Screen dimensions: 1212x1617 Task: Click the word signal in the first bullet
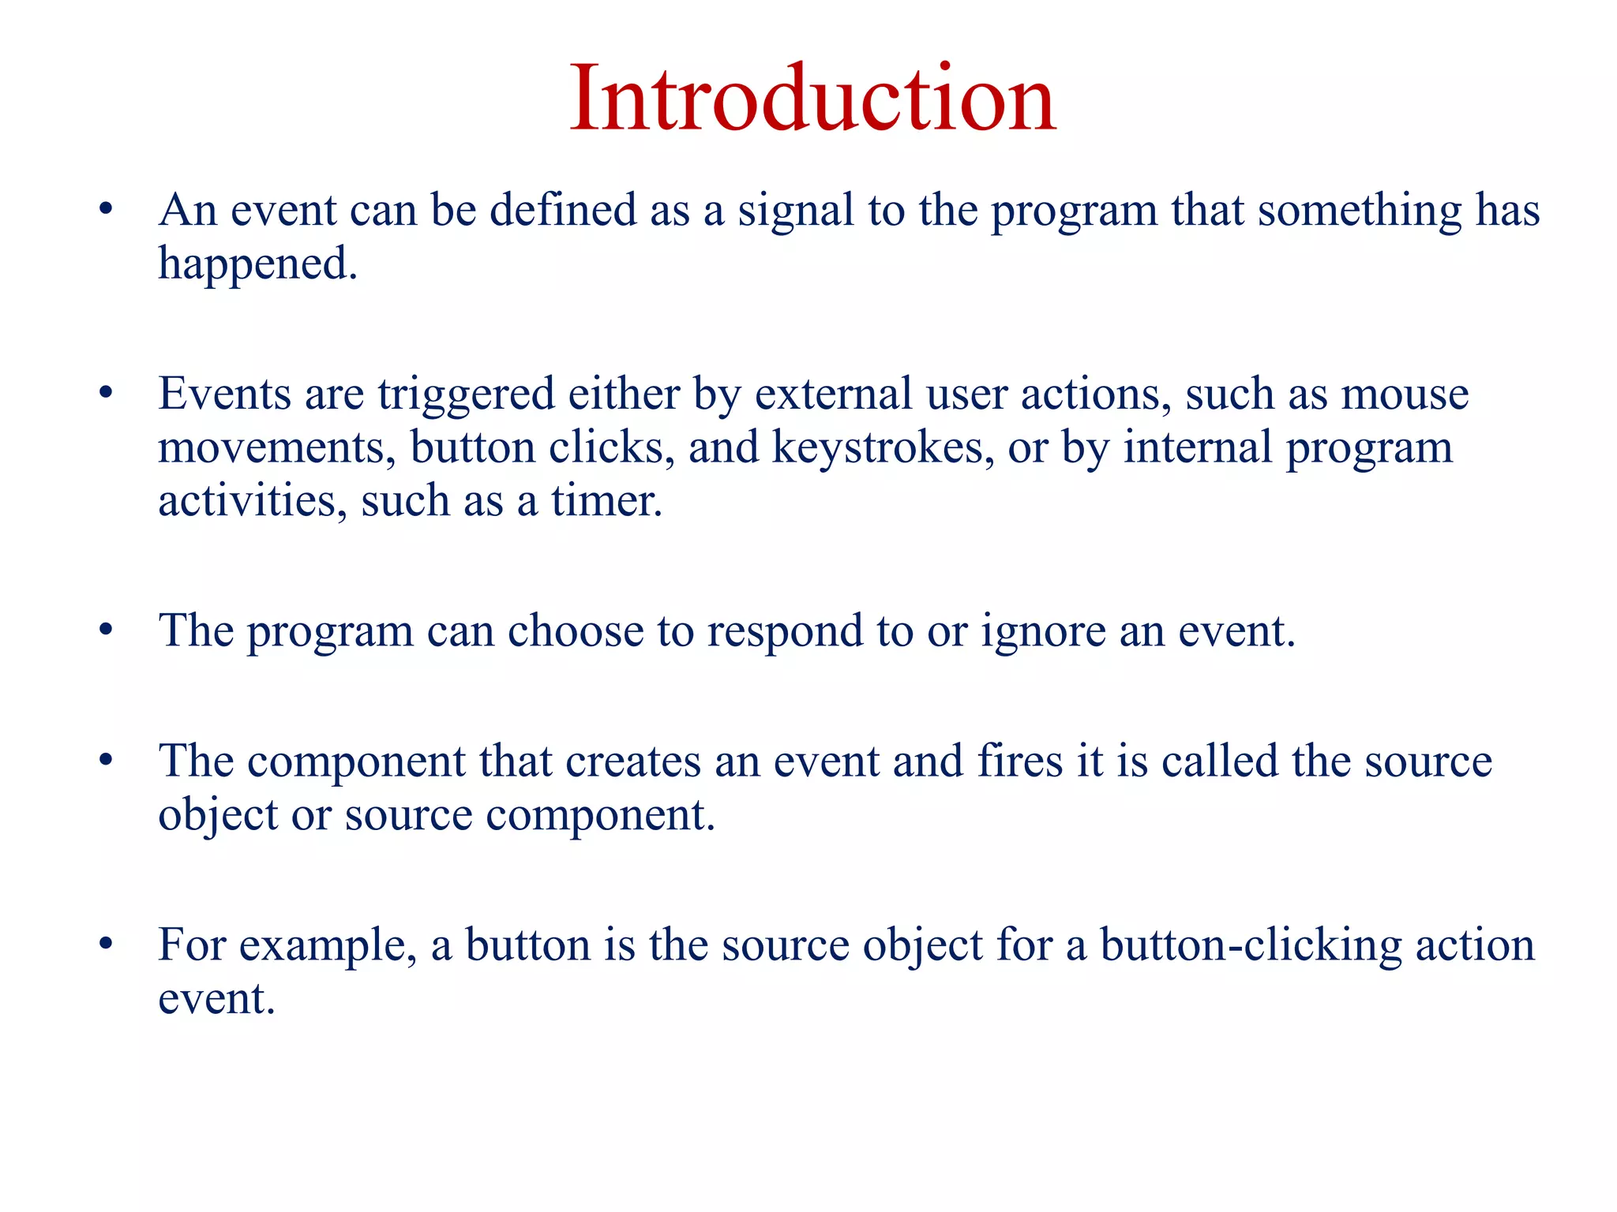click(x=796, y=211)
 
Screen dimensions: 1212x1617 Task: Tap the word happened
click(x=257, y=264)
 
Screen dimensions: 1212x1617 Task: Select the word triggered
click(x=466, y=395)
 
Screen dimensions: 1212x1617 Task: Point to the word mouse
click(x=1405, y=395)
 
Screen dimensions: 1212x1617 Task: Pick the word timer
click(x=606, y=501)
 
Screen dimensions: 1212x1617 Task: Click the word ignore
click(x=1043, y=632)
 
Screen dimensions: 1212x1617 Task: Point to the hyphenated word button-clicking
click(x=1251, y=945)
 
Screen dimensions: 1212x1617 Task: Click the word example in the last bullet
click(x=327, y=945)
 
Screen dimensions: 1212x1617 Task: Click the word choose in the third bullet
click(x=575, y=632)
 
